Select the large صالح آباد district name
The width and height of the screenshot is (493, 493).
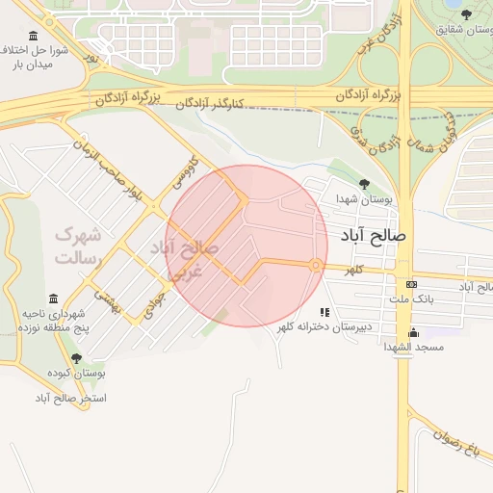(374, 234)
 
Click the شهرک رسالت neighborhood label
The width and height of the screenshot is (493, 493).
(78, 246)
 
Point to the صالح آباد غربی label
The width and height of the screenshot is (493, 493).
(187, 259)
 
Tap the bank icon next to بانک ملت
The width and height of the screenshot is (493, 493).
(412, 284)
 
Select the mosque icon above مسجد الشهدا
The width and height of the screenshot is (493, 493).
(413, 331)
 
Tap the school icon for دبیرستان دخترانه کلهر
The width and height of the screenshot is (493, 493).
(324, 312)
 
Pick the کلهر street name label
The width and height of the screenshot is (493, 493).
(356, 272)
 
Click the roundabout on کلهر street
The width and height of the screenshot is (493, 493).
(315, 265)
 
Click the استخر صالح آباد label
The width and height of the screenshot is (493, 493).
(71, 397)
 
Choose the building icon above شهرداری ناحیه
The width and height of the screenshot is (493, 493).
(54, 299)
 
